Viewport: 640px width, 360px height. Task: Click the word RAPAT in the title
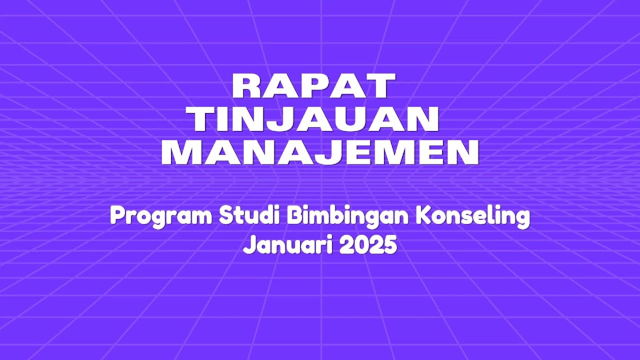[313, 86]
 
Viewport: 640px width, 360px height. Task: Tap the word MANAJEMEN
[320, 152]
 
